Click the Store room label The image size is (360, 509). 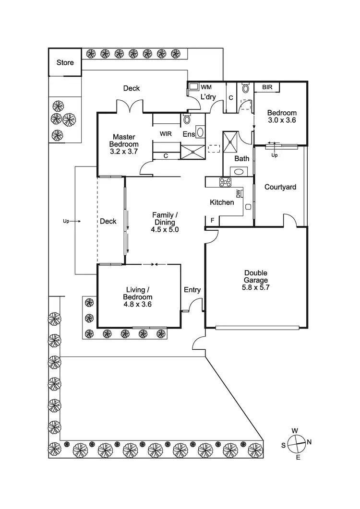65,62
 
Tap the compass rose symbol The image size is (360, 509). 297,443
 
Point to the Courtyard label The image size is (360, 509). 280,187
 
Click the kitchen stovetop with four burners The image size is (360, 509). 226,182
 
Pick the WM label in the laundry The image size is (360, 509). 206,87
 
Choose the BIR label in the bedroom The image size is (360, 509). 267,87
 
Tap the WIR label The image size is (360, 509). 166,134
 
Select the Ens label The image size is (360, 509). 188,135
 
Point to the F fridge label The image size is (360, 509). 212,220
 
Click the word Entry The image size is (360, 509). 192,290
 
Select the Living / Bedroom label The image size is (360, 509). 138,293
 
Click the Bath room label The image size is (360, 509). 241,158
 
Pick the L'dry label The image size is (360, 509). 208,97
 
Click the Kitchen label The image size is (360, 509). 222,202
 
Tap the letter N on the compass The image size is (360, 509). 309,442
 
